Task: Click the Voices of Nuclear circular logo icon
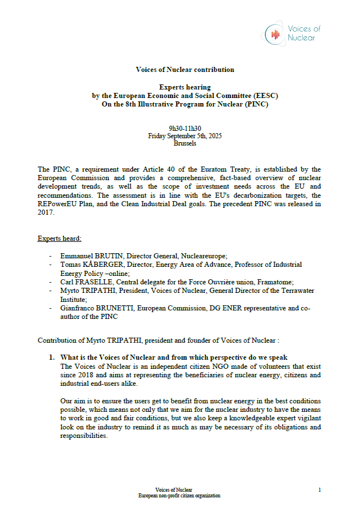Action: click(276, 34)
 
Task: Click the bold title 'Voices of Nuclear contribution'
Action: click(185, 70)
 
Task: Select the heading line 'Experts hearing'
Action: click(185, 87)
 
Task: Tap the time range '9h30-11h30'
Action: click(185, 129)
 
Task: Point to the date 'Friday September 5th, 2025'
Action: click(185, 136)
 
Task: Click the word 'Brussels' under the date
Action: click(185, 143)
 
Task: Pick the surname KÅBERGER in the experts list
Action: click(97, 265)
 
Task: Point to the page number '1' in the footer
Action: click(320, 489)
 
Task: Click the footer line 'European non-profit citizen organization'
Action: click(179, 496)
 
